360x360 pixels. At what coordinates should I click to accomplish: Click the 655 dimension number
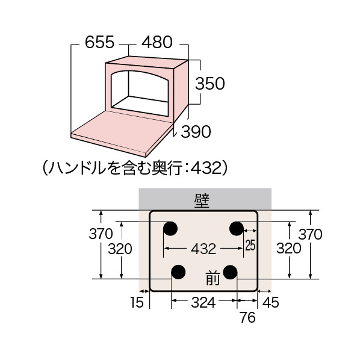[x=99, y=42]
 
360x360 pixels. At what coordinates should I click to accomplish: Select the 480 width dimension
[x=157, y=42]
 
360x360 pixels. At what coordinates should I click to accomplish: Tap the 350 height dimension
[x=210, y=83]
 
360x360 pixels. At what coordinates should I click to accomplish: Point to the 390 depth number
[x=196, y=132]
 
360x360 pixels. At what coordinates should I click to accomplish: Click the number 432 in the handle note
[x=206, y=168]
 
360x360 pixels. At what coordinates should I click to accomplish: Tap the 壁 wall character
[x=202, y=201]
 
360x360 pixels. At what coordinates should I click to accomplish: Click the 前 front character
[x=213, y=278]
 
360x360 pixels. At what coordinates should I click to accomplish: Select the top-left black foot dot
[x=170, y=228]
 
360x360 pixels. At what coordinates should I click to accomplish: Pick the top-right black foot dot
[x=237, y=228]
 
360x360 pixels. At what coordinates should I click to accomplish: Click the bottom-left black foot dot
[x=178, y=272]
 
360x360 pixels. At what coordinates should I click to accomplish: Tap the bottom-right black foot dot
[x=230, y=272]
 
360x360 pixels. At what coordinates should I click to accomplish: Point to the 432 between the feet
[x=203, y=249]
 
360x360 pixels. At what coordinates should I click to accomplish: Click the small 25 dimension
[x=250, y=245]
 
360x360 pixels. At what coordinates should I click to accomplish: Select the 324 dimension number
[x=203, y=302]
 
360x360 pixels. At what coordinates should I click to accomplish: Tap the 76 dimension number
[x=247, y=317]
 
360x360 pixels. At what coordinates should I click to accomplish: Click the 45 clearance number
[x=271, y=302]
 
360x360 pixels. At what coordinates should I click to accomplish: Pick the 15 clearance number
[x=137, y=302]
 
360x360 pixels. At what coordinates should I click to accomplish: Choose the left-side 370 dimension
[x=101, y=234]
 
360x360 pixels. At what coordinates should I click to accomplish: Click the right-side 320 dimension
[x=288, y=248]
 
